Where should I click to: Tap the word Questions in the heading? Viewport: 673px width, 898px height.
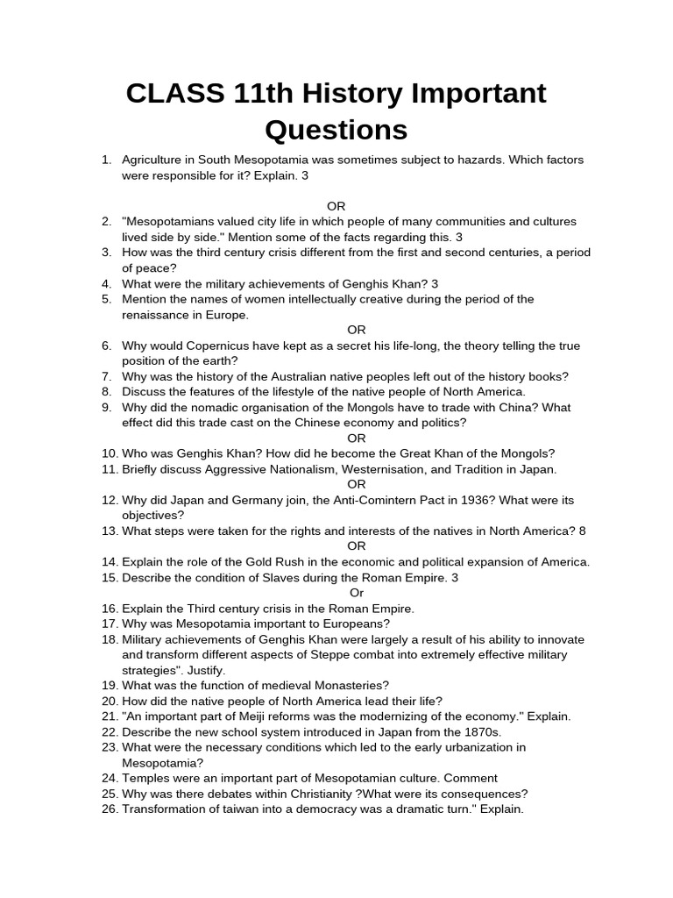tap(336, 130)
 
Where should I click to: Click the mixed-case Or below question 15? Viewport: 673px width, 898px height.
tap(357, 593)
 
